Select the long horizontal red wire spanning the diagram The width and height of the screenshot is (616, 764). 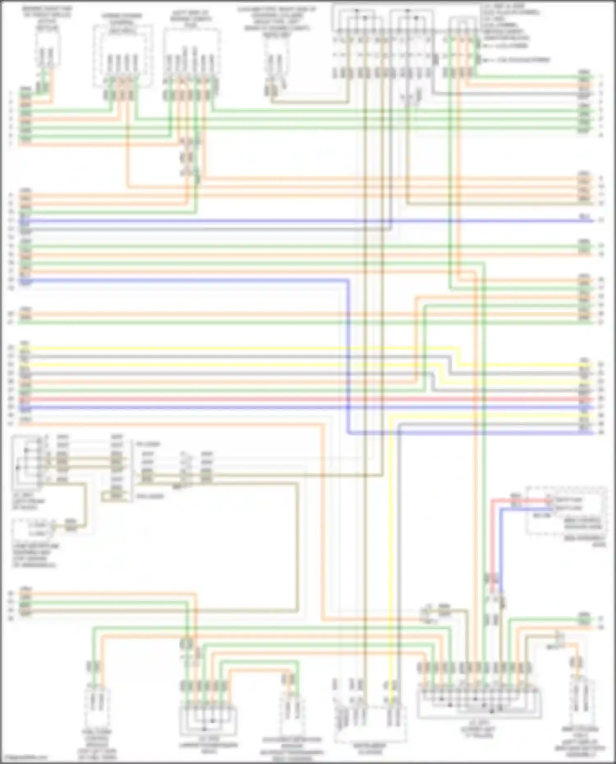[x=304, y=399]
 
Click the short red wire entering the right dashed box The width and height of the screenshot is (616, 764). [x=519, y=500]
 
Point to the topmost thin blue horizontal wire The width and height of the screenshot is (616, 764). [x=304, y=221]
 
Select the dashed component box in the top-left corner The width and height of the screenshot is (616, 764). [x=48, y=49]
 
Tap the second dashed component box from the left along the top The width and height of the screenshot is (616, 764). [x=122, y=55]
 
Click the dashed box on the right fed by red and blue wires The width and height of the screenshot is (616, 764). [x=567, y=511]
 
